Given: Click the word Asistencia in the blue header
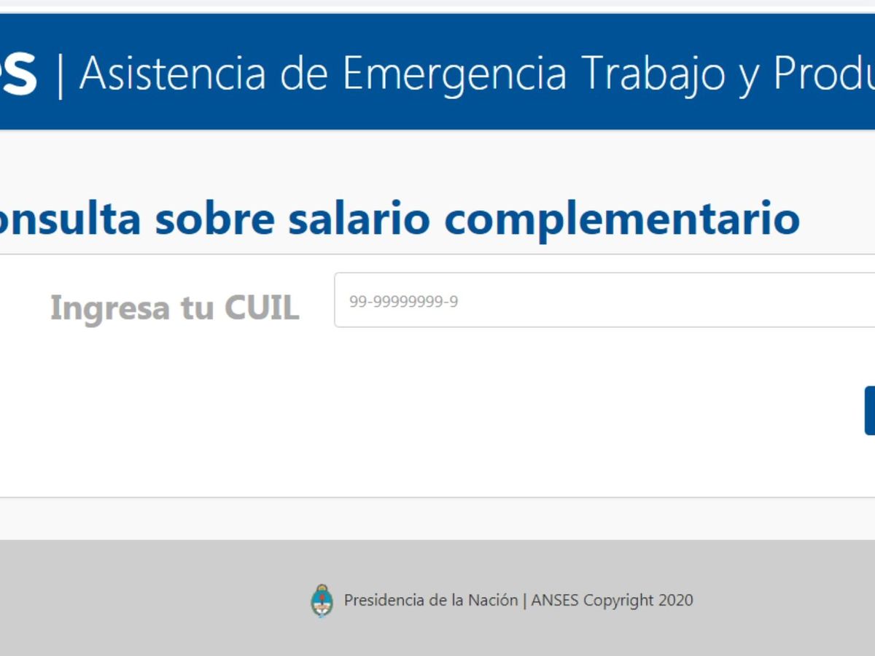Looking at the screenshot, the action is pyautogui.click(x=172, y=74).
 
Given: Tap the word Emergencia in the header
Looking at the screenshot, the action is pyautogui.click(x=454, y=76).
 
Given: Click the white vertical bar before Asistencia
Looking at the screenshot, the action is pyautogui.click(x=61, y=77).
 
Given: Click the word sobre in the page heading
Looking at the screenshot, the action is pyautogui.click(x=215, y=219).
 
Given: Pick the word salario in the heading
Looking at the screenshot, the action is pyautogui.click(x=359, y=219).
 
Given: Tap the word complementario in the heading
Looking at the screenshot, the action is pyautogui.click(x=622, y=221).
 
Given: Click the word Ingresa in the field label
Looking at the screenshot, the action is pyautogui.click(x=110, y=308).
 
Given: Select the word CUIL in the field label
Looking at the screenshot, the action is pyautogui.click(x=262, y=307).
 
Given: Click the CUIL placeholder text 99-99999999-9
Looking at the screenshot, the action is pyautogui.click(x=403, y=302).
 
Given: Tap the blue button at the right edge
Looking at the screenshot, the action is pyautogui.click(x=870, y=410).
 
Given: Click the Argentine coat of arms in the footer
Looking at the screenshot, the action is pyautogui.click(x=322, y=601).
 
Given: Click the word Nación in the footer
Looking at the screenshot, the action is pyautogui.click(x=493, y=600).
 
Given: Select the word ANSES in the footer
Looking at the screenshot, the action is pyautogui.click(x=554, y=600).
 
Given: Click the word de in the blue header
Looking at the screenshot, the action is pyautogui.click(x=305, y=74).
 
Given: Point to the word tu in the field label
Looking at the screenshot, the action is pyautogui.click(x=197, y=308).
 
